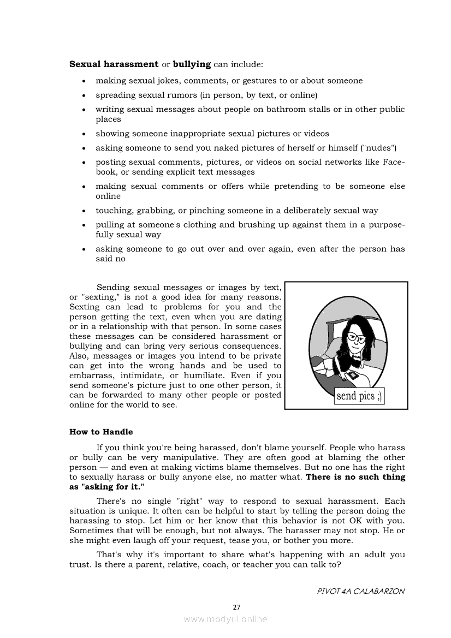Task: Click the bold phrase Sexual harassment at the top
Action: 114,64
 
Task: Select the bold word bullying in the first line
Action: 192,64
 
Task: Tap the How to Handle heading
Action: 101,432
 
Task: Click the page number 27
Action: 236,607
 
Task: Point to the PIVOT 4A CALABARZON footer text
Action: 360,592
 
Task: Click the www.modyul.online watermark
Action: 226,619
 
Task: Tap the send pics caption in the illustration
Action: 359,396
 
